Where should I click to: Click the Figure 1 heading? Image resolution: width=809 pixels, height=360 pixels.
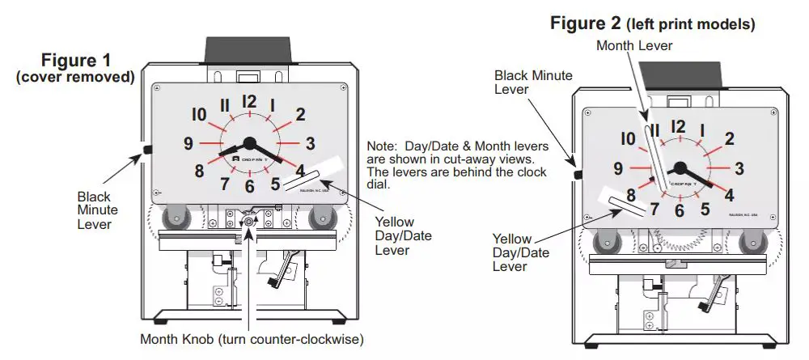tap(77, 61)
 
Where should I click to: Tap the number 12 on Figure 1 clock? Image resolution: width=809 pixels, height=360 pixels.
tap(248, 102)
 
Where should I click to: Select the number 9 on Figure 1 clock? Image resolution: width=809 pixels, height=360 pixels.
tap(188, 144)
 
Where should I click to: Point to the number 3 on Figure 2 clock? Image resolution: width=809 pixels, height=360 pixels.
tap(739, 168)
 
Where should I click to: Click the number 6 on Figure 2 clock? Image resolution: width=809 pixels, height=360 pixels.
tap(680, 211)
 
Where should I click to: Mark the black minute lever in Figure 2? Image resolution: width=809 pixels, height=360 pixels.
tap(578, 175)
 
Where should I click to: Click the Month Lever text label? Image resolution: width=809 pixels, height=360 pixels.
tap(634, 46)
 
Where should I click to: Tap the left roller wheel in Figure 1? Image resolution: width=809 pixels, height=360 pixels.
tap(172, 218)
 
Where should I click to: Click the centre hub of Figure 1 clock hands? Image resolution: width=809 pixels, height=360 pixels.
tap(249, 144)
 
